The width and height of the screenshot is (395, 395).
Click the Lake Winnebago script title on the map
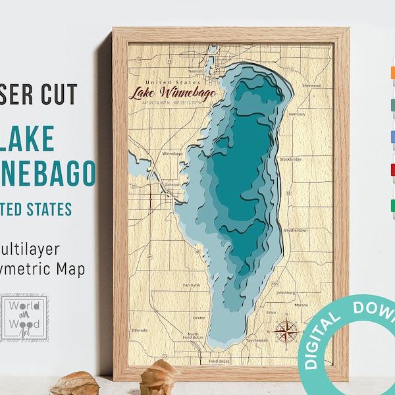(x=167, y=93)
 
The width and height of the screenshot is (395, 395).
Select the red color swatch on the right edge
(x=392, y=168)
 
